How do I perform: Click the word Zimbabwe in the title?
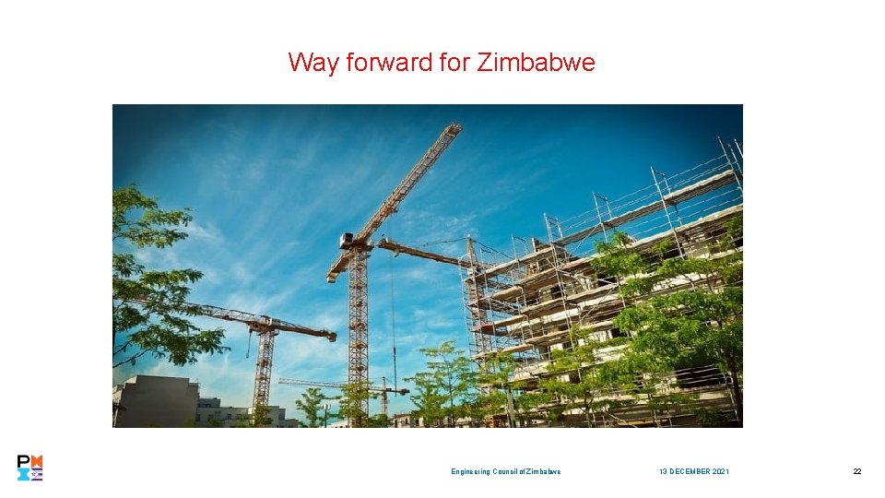(537, 63)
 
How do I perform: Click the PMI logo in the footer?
(29, 468)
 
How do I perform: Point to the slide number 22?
(856, 471)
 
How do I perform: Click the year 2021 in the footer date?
(720, 471)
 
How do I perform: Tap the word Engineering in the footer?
(471, 471)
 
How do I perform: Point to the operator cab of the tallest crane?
(349, 241)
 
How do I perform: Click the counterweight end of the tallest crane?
(335, 273)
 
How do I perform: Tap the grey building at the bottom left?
(155, 402)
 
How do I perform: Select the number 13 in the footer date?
(663, 471)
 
